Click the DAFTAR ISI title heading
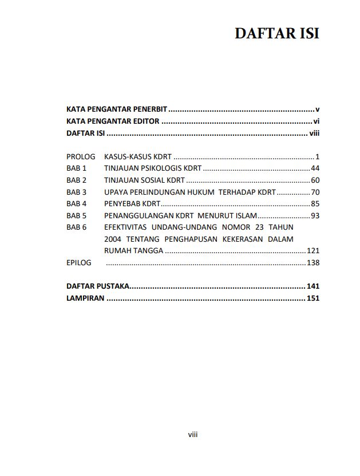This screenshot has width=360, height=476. (x=276, y=34)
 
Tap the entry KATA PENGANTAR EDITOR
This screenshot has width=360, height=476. (x=113, y=121)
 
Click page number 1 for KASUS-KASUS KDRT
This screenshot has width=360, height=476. (x=317, y=156)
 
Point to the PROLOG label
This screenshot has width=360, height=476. (x=81, y=156)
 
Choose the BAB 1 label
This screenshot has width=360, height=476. (x=76, y=168)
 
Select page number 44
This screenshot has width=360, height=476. (x=315, y=168)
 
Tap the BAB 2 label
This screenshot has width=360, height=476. (x=76, y=180)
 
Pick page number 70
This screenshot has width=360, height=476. (x=315, y=192)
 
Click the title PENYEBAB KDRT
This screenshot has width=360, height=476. (x=132, y=204)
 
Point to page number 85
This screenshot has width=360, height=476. (x=315, y=204)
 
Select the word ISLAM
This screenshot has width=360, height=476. (x=247, y=216)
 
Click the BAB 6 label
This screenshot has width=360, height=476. (x=76, y=227)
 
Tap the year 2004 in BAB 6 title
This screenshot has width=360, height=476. (x=113, y=239)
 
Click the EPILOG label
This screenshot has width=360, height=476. (x=78, y=263)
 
